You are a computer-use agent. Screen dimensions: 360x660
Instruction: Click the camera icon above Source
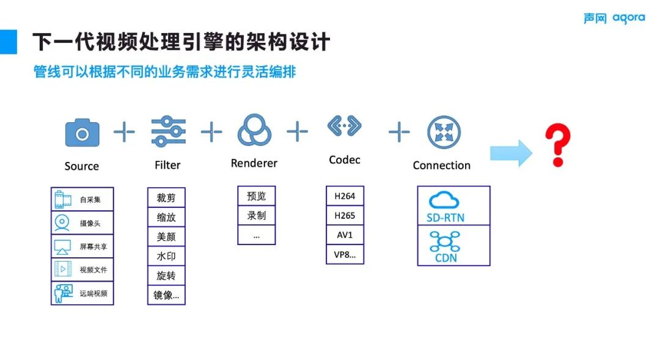[x=82, y=132]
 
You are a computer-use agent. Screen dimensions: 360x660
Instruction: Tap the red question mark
[x=557, y=145]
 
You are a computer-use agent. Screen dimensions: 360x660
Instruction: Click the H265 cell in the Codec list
[x=345, y=216]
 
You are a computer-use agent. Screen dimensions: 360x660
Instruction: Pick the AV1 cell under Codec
[x=345, y=235]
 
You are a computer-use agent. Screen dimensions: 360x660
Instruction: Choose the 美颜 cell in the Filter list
[x=166, y=237]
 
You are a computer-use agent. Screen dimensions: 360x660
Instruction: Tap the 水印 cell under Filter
[x=166, y=256]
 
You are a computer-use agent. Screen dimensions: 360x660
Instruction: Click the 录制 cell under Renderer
[x=256, y=216]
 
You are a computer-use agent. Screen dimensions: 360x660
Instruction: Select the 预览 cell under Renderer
[x=256, y=196]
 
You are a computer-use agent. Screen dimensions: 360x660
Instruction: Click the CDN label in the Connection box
[x=446, y=258]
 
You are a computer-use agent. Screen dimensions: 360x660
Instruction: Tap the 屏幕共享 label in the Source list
[x=94, y=247]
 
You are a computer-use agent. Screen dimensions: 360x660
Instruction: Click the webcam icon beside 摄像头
[x=62, y=223]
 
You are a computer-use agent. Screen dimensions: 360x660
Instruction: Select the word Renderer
[x=254, y=163]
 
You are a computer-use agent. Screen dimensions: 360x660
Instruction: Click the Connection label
[x=441, y=166]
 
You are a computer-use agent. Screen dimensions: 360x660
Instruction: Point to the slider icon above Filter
[x=168, y=131]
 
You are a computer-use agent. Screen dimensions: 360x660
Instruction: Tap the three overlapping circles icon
[x=253, y=130]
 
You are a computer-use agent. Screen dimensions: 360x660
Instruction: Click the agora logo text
[x=628, y=18]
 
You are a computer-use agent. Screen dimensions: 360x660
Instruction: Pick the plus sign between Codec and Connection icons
[x=399, y=131]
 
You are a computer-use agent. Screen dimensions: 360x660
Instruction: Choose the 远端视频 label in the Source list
[x=94, y=293]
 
